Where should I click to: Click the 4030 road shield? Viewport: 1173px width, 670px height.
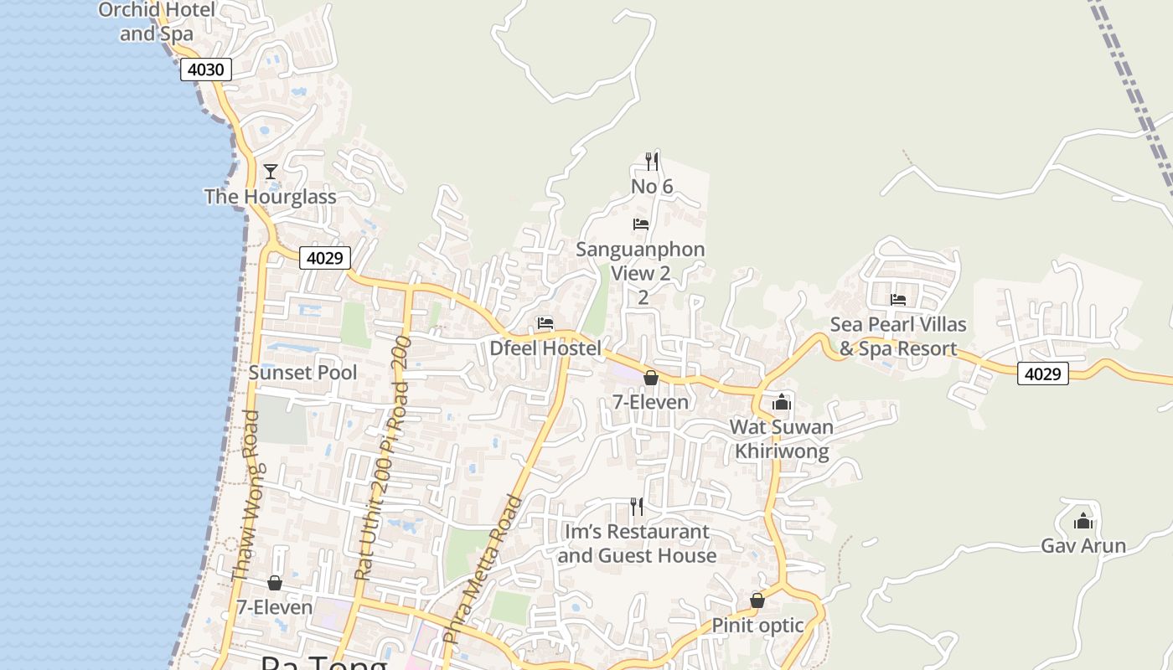[205, 70]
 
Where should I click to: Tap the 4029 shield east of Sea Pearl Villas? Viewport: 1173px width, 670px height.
[1043, 374]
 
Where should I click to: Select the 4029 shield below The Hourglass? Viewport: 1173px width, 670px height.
[324, 258]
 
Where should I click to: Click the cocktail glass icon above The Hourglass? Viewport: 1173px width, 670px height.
[270, 172]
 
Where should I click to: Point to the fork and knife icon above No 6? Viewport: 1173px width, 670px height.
[652, 161]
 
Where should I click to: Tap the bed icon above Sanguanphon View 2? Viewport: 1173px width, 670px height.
[641, 224]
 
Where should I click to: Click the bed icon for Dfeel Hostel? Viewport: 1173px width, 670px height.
[545, 323]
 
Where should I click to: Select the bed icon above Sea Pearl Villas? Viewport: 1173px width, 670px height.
[898, 299]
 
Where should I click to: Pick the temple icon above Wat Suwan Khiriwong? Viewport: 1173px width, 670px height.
[782, 402]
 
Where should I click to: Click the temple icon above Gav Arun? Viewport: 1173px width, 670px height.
[1083, 521]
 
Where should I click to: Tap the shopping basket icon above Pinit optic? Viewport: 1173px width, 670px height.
[757, 600]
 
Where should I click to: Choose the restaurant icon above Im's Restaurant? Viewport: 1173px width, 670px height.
[637, 506]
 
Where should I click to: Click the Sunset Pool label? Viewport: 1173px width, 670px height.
[302, 373]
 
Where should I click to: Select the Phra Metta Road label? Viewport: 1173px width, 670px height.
[482, 569]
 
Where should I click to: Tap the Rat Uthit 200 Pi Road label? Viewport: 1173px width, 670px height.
[382, 459]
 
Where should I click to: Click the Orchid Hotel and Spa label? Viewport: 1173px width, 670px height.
[157, 22]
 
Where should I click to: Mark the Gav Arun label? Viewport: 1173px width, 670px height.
[1083, 546]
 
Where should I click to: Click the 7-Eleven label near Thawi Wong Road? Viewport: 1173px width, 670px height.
[274, 607]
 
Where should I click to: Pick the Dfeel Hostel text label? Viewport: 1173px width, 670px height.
[545, 348]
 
